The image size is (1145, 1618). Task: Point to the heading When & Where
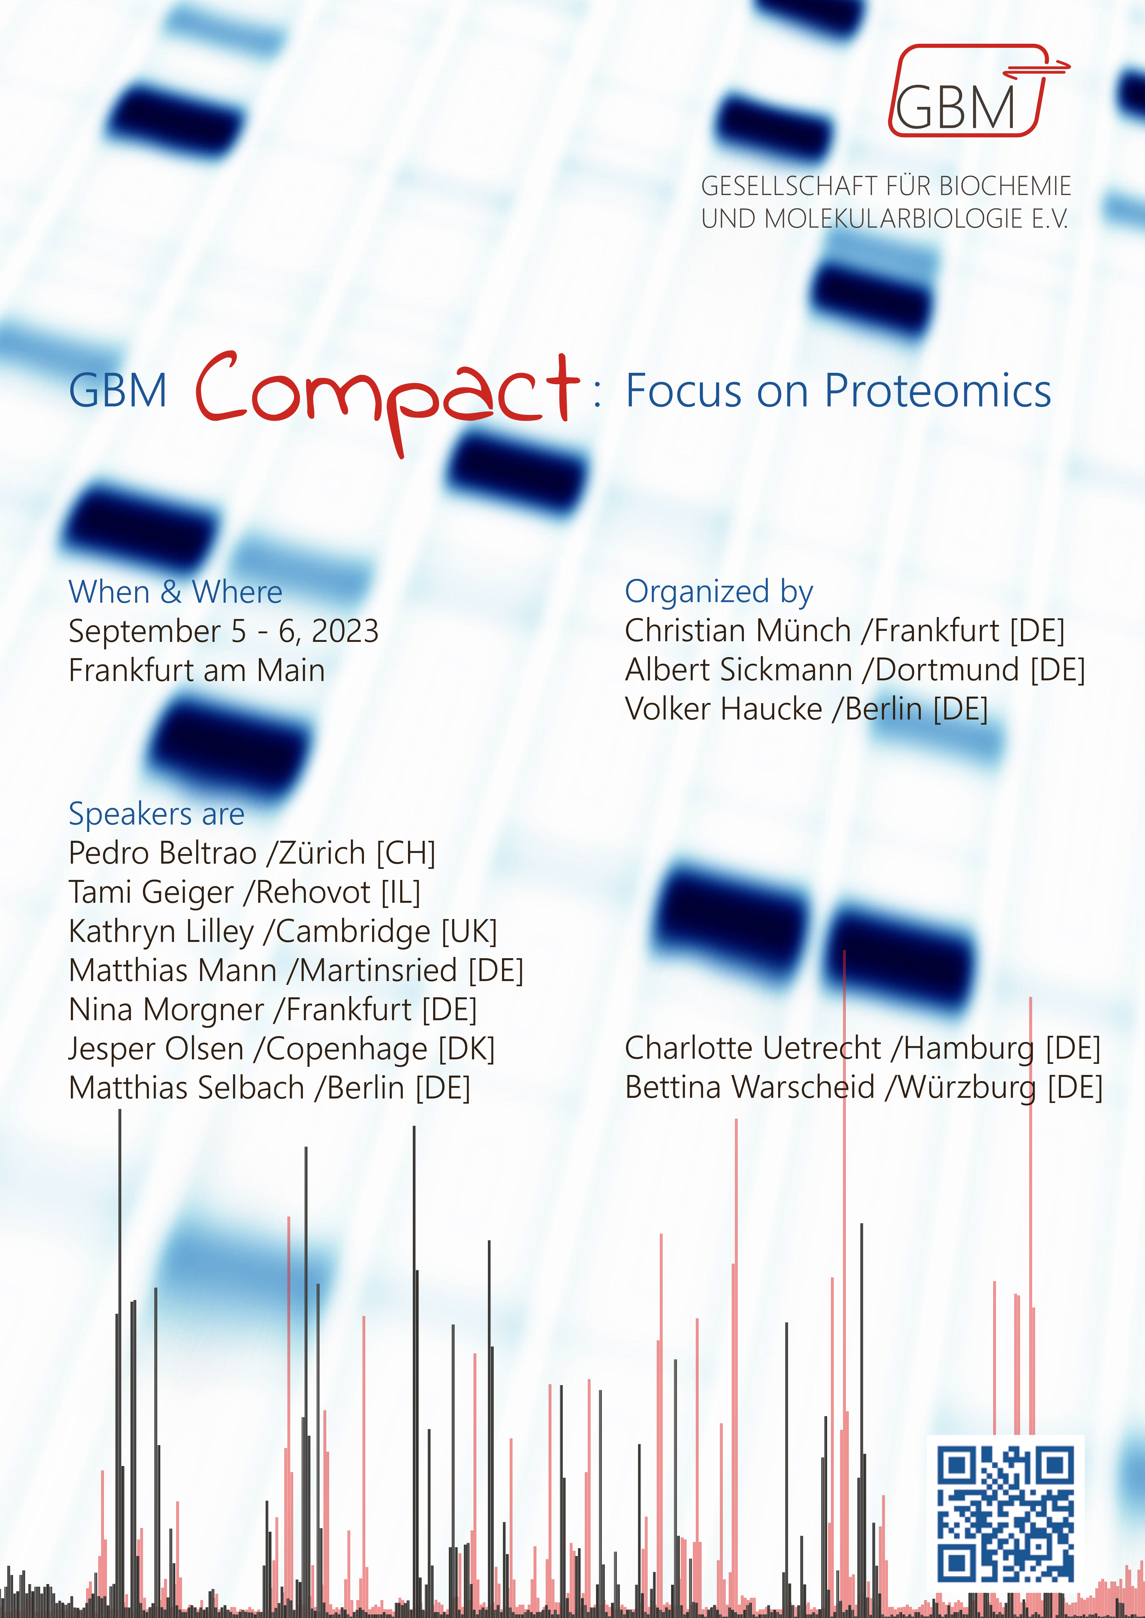(x=175, y=592)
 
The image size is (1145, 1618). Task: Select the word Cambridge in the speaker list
(x=353, y=931)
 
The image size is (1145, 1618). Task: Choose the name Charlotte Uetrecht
(x=752, y=1049)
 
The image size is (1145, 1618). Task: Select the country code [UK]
(x=469, y=931)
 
